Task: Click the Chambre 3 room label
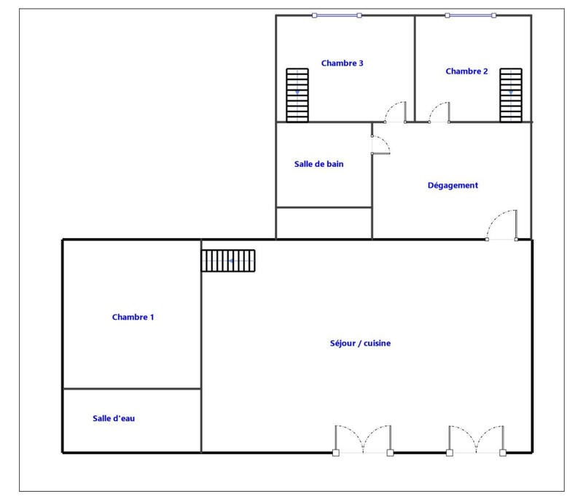[x=342, y=63]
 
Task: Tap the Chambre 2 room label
[x=466, y=71]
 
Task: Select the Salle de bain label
[x=318, y=164]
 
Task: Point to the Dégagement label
[x=453, y=185]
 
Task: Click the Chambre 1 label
[x=133, y=317]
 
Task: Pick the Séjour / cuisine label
[x=361, y=342]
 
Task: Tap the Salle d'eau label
[x=113, y=418]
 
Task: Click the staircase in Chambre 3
[x=297, y=95]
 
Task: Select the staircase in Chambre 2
[x=511, y=95]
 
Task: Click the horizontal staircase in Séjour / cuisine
[x=229, y=260]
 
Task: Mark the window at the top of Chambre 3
[x=336, y=15]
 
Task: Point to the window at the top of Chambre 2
[x=470, y=15]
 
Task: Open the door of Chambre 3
[x=396, y=112]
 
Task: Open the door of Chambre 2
[x=439, y=113]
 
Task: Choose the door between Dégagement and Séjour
[x=502, y=226]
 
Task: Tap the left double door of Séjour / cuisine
[x=363, y=440]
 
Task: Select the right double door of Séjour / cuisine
[x=476, y=440]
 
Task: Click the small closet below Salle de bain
[x=324, y=223]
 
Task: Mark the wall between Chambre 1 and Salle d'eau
[x=132, y=389]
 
